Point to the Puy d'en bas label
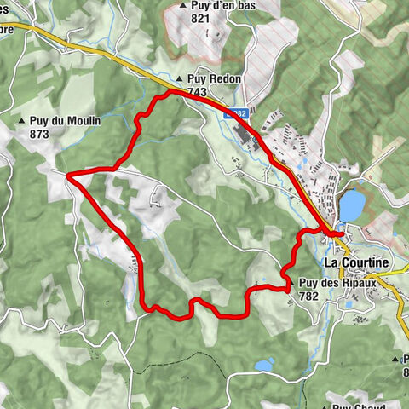[219, 5]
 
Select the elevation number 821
[201, 18]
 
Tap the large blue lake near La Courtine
[351, 205]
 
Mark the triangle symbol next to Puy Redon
[190, 78]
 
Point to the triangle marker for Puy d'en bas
[182, 6]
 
